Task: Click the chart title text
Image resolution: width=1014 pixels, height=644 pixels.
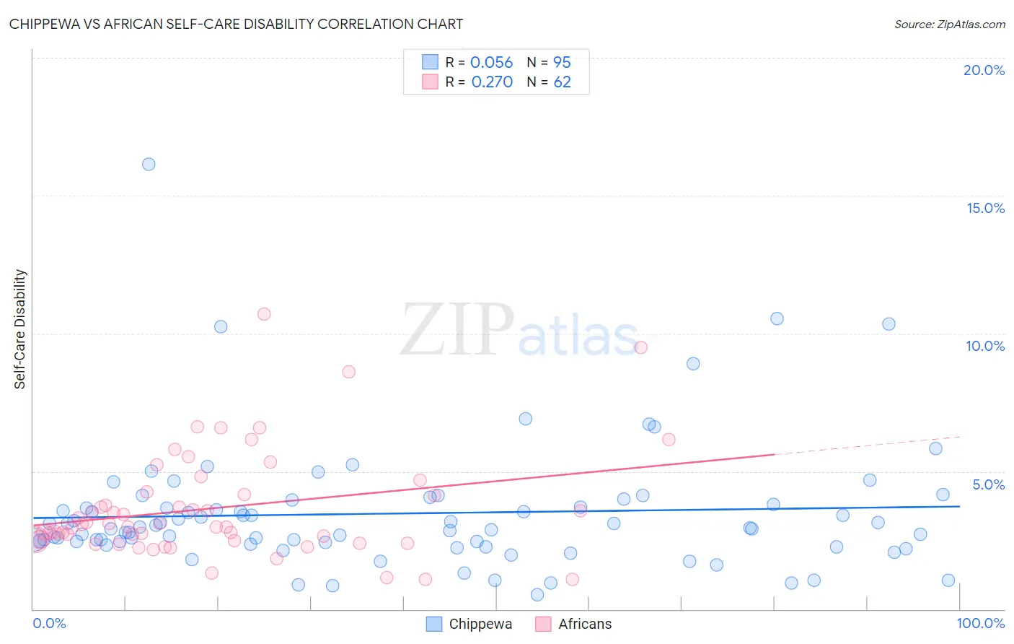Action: pos(236,24)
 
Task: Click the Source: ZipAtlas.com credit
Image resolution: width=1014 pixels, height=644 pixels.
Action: pos(949,24)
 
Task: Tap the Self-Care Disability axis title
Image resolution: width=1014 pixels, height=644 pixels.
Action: pos(19,329)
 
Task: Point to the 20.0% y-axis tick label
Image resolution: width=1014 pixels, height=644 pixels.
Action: pos(984,70)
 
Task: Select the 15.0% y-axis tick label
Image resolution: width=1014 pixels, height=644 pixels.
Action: pos(985,208)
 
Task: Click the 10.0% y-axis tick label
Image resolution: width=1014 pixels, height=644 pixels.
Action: pos(985,346)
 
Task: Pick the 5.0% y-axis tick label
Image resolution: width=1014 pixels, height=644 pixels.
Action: pos(988,484)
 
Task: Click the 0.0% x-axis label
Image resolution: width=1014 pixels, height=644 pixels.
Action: pos(49,623)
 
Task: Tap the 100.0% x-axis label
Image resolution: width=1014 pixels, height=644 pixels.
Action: pos(981,623)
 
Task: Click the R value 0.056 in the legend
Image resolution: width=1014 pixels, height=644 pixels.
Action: pos(491,63)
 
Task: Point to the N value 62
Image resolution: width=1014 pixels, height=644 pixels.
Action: pos(562,82)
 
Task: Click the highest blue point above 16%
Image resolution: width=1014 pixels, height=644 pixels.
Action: pos(149,164)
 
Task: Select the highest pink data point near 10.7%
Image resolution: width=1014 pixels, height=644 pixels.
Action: pos(264,314)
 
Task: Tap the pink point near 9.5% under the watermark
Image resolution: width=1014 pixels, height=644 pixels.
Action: pos(641,347)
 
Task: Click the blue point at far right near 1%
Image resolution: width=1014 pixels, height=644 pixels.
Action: pos(948,580)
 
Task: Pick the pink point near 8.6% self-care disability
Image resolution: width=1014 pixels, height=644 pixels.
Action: pos(349,372)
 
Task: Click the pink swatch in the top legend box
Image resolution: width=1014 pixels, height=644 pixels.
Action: pos(430,82)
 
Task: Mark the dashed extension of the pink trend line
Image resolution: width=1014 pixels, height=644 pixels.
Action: pos(865,445)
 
